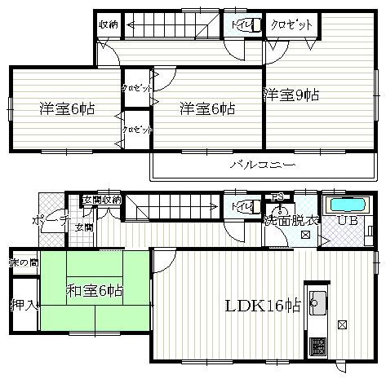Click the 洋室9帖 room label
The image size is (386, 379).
(x=291, y=95)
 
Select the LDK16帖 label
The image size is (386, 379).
(x=263, y=306)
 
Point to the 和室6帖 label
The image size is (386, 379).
(x=95, y=290)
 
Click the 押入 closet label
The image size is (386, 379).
(x=23, y=306)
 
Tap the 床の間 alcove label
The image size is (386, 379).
(x=23, y=262)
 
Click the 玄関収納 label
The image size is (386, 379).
(x=101, y=200)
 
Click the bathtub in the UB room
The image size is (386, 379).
(x=348, y=204)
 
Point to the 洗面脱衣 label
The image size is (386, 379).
(x=291, y=220)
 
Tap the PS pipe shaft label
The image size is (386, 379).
(x=277, y=196)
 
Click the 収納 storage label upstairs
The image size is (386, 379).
(x=109, y=25)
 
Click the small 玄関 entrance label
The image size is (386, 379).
(x=83, y=227)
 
